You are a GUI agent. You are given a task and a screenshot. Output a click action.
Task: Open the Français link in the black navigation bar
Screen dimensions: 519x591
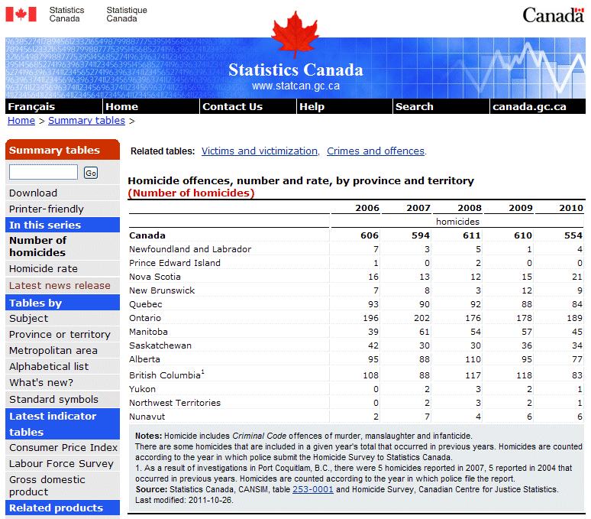31,107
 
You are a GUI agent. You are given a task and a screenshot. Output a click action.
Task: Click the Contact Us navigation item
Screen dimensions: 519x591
232,107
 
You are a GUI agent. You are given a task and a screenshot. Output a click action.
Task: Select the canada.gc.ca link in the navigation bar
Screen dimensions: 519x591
529,107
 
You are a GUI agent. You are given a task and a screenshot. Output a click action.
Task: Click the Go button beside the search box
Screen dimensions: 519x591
91,173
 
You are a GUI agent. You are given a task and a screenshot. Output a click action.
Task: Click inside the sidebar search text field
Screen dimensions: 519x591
44,173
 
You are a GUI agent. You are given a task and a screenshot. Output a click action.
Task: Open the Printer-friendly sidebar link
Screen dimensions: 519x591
47,209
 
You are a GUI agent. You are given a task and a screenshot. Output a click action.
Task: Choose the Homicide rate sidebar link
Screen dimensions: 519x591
44,268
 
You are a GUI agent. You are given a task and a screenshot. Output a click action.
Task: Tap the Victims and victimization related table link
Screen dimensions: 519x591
260,151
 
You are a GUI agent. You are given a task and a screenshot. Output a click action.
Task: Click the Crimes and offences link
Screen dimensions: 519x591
376,151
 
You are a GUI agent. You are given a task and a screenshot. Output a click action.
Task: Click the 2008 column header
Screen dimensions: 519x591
470,208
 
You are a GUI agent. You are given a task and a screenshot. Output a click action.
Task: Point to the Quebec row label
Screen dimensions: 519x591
146,304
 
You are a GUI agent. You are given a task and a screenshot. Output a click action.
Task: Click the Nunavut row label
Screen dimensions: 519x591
148,417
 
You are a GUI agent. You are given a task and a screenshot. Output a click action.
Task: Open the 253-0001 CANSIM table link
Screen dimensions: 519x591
313,489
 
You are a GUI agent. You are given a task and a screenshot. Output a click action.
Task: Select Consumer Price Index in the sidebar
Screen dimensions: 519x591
63,447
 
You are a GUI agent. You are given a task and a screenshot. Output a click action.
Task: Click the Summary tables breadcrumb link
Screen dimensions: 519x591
86,121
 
